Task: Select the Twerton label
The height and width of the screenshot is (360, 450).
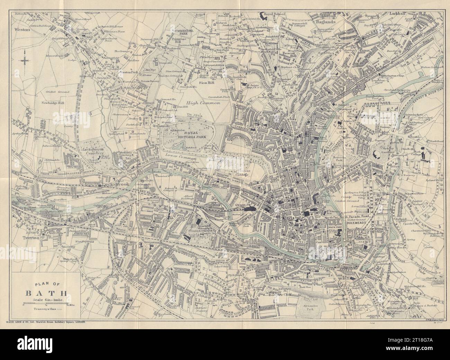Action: click(29, 238)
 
